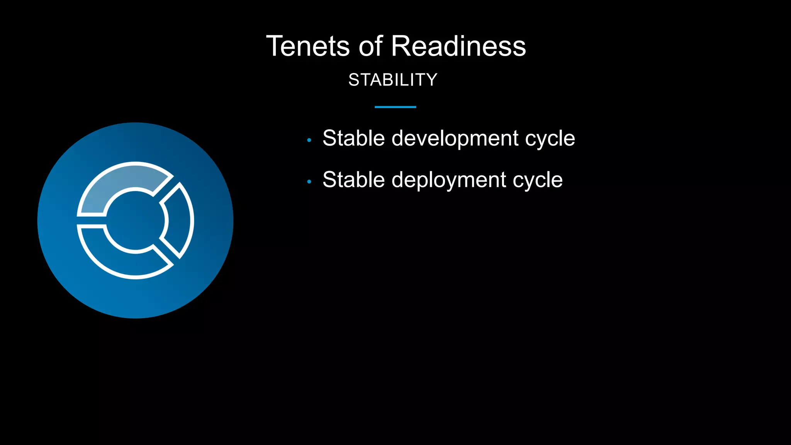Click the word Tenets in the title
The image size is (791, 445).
click(x=308, y=46)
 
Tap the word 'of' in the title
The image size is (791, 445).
click(x=370, y=46)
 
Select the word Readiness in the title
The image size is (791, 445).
click(x=458, y=46)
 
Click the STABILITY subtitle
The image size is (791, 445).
click(x=393, y=80)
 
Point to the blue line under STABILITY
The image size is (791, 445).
click(x=395, y=107)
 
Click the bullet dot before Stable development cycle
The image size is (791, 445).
click(x=309, y=140)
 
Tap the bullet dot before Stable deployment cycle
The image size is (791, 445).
click(x=309, y=182)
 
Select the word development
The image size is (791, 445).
click(x=455, y=138)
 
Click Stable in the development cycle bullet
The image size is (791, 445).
click(x=353, y=138)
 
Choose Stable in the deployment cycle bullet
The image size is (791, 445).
click(x=353, y=180)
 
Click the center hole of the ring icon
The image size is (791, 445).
click(x=135, y=221)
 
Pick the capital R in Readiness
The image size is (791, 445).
click(x=402, y=46)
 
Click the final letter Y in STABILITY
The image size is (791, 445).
click(x=432, y=80)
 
